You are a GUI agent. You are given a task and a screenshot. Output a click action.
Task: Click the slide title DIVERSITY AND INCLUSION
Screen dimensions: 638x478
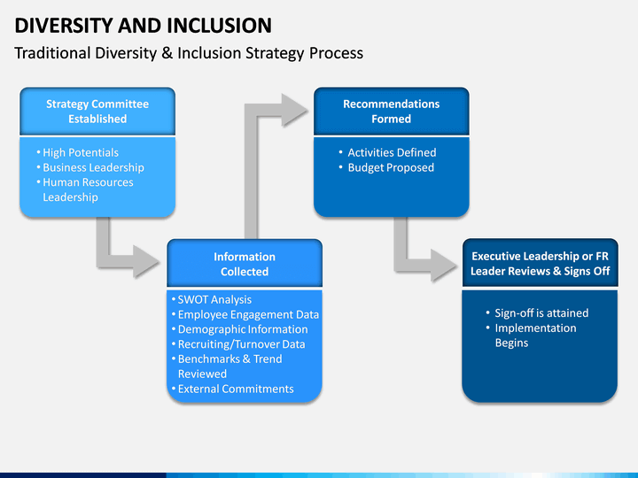143,25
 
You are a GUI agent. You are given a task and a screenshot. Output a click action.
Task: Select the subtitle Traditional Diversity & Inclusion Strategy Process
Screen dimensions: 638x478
189,53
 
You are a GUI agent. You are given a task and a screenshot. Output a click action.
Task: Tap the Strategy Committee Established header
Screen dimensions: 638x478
97,112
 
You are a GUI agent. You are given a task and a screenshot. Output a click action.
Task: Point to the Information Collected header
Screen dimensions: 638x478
245,264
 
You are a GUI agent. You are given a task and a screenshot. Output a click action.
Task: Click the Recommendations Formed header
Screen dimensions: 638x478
392,112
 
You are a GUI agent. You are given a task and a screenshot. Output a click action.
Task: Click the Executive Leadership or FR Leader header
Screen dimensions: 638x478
540,264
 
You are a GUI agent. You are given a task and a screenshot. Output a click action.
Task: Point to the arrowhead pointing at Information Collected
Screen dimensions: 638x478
145,261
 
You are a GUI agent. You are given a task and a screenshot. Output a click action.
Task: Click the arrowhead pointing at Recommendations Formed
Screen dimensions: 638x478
294,110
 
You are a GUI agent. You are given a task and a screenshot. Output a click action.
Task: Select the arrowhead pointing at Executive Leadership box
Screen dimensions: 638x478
444,265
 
